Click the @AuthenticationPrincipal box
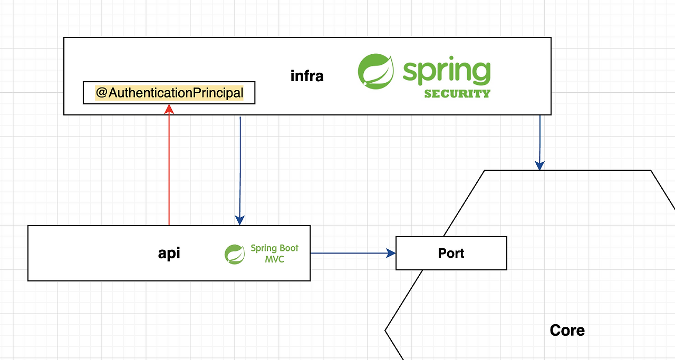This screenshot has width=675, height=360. (169, 93)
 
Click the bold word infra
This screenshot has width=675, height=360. (307, 76)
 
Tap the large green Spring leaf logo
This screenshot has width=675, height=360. (375, 71)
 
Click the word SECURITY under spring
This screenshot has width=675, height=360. (457, 94)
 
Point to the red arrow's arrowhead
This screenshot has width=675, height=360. (169, 109)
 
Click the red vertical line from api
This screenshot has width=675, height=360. (169, 169)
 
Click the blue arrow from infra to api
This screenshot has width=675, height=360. (240, 169)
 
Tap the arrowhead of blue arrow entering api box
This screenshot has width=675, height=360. (240, 220)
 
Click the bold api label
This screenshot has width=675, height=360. (169, 253)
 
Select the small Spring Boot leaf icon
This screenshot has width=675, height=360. (235, 254)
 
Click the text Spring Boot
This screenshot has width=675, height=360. (274, 248)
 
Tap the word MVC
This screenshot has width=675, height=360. (274, 259)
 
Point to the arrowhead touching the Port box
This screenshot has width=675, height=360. (391, 253)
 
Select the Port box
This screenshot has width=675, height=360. (451, 253)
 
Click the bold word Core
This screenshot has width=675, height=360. (567, 330)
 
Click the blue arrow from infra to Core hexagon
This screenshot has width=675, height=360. (540, 140)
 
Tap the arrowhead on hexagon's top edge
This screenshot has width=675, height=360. (539, 166)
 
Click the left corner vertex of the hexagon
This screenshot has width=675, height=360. (385, 330)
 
